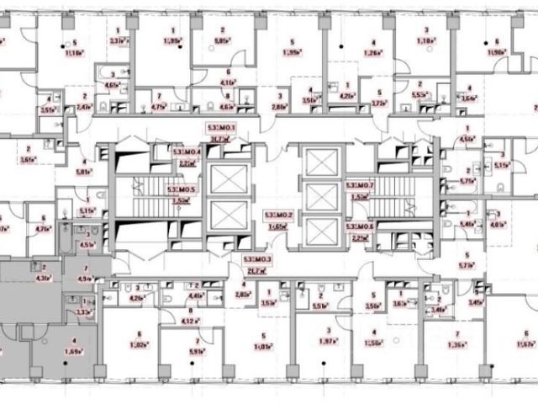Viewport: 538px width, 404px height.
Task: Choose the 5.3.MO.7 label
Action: [x=361, y=185]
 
